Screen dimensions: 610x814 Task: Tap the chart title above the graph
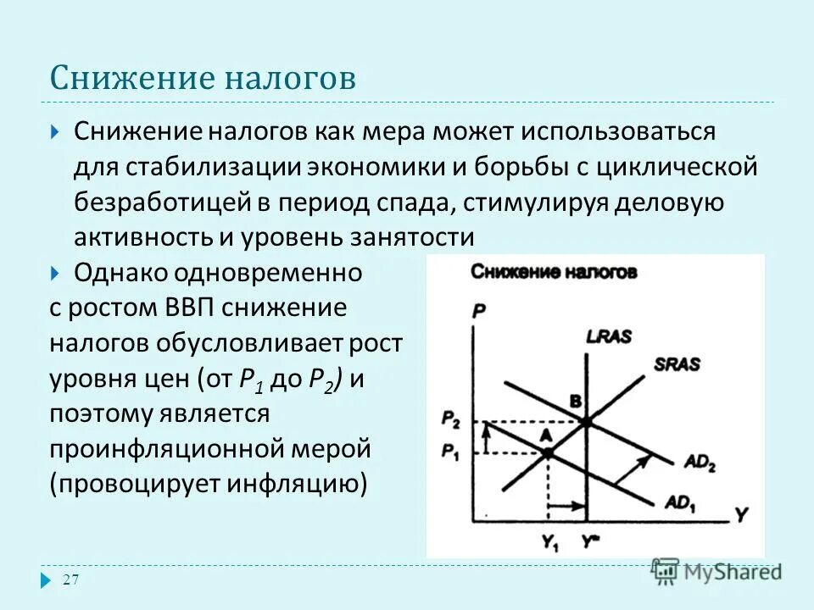[x=553, y=272]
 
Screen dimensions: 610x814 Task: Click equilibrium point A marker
[x=548, y=453]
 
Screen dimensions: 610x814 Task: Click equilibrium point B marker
[x=586, y=421]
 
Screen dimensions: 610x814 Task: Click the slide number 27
[x=71, y=579]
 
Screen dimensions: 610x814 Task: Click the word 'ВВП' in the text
[x=187, y=308]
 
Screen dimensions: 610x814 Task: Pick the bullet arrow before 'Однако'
[x=55, y=273]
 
